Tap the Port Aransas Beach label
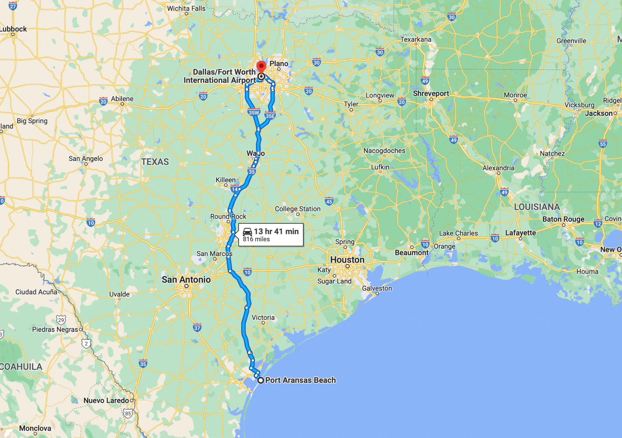[300, 380]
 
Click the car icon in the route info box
[247, 231]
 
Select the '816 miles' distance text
[256, 239]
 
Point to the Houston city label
[347, 260]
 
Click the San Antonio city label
[186, 280]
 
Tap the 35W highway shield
[254, 113]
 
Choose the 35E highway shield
[270, 116]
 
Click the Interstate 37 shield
[197, 327]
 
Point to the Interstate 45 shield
[329, 201]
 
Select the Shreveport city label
[431, 93]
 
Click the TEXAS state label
[155, 162]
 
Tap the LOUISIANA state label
[537, 207]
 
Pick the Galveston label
[377, 288]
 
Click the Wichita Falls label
[186, 8]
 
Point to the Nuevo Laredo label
[106, 400]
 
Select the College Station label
[298, 209]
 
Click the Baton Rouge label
[563, 219]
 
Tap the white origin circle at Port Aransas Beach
[261, 380]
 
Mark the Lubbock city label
[13, 29]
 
